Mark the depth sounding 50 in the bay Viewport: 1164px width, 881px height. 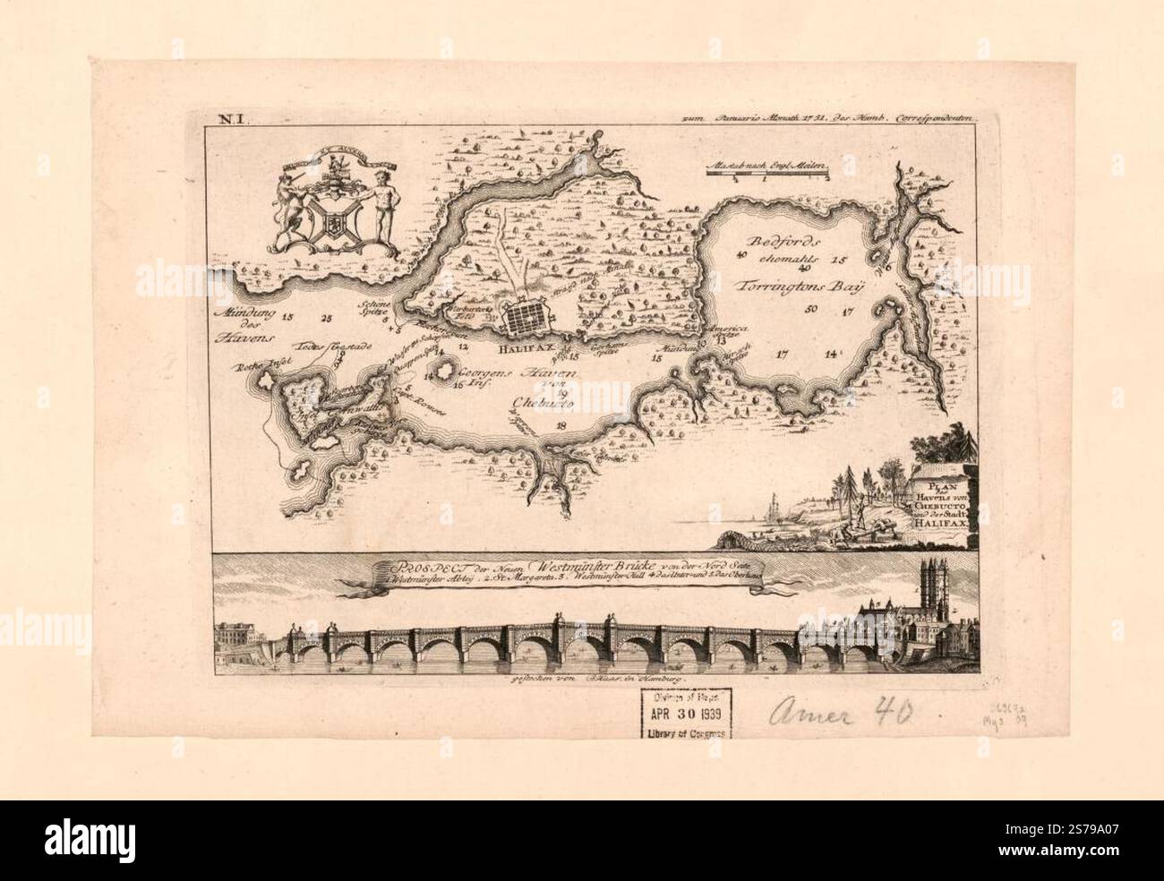point(811,310)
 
